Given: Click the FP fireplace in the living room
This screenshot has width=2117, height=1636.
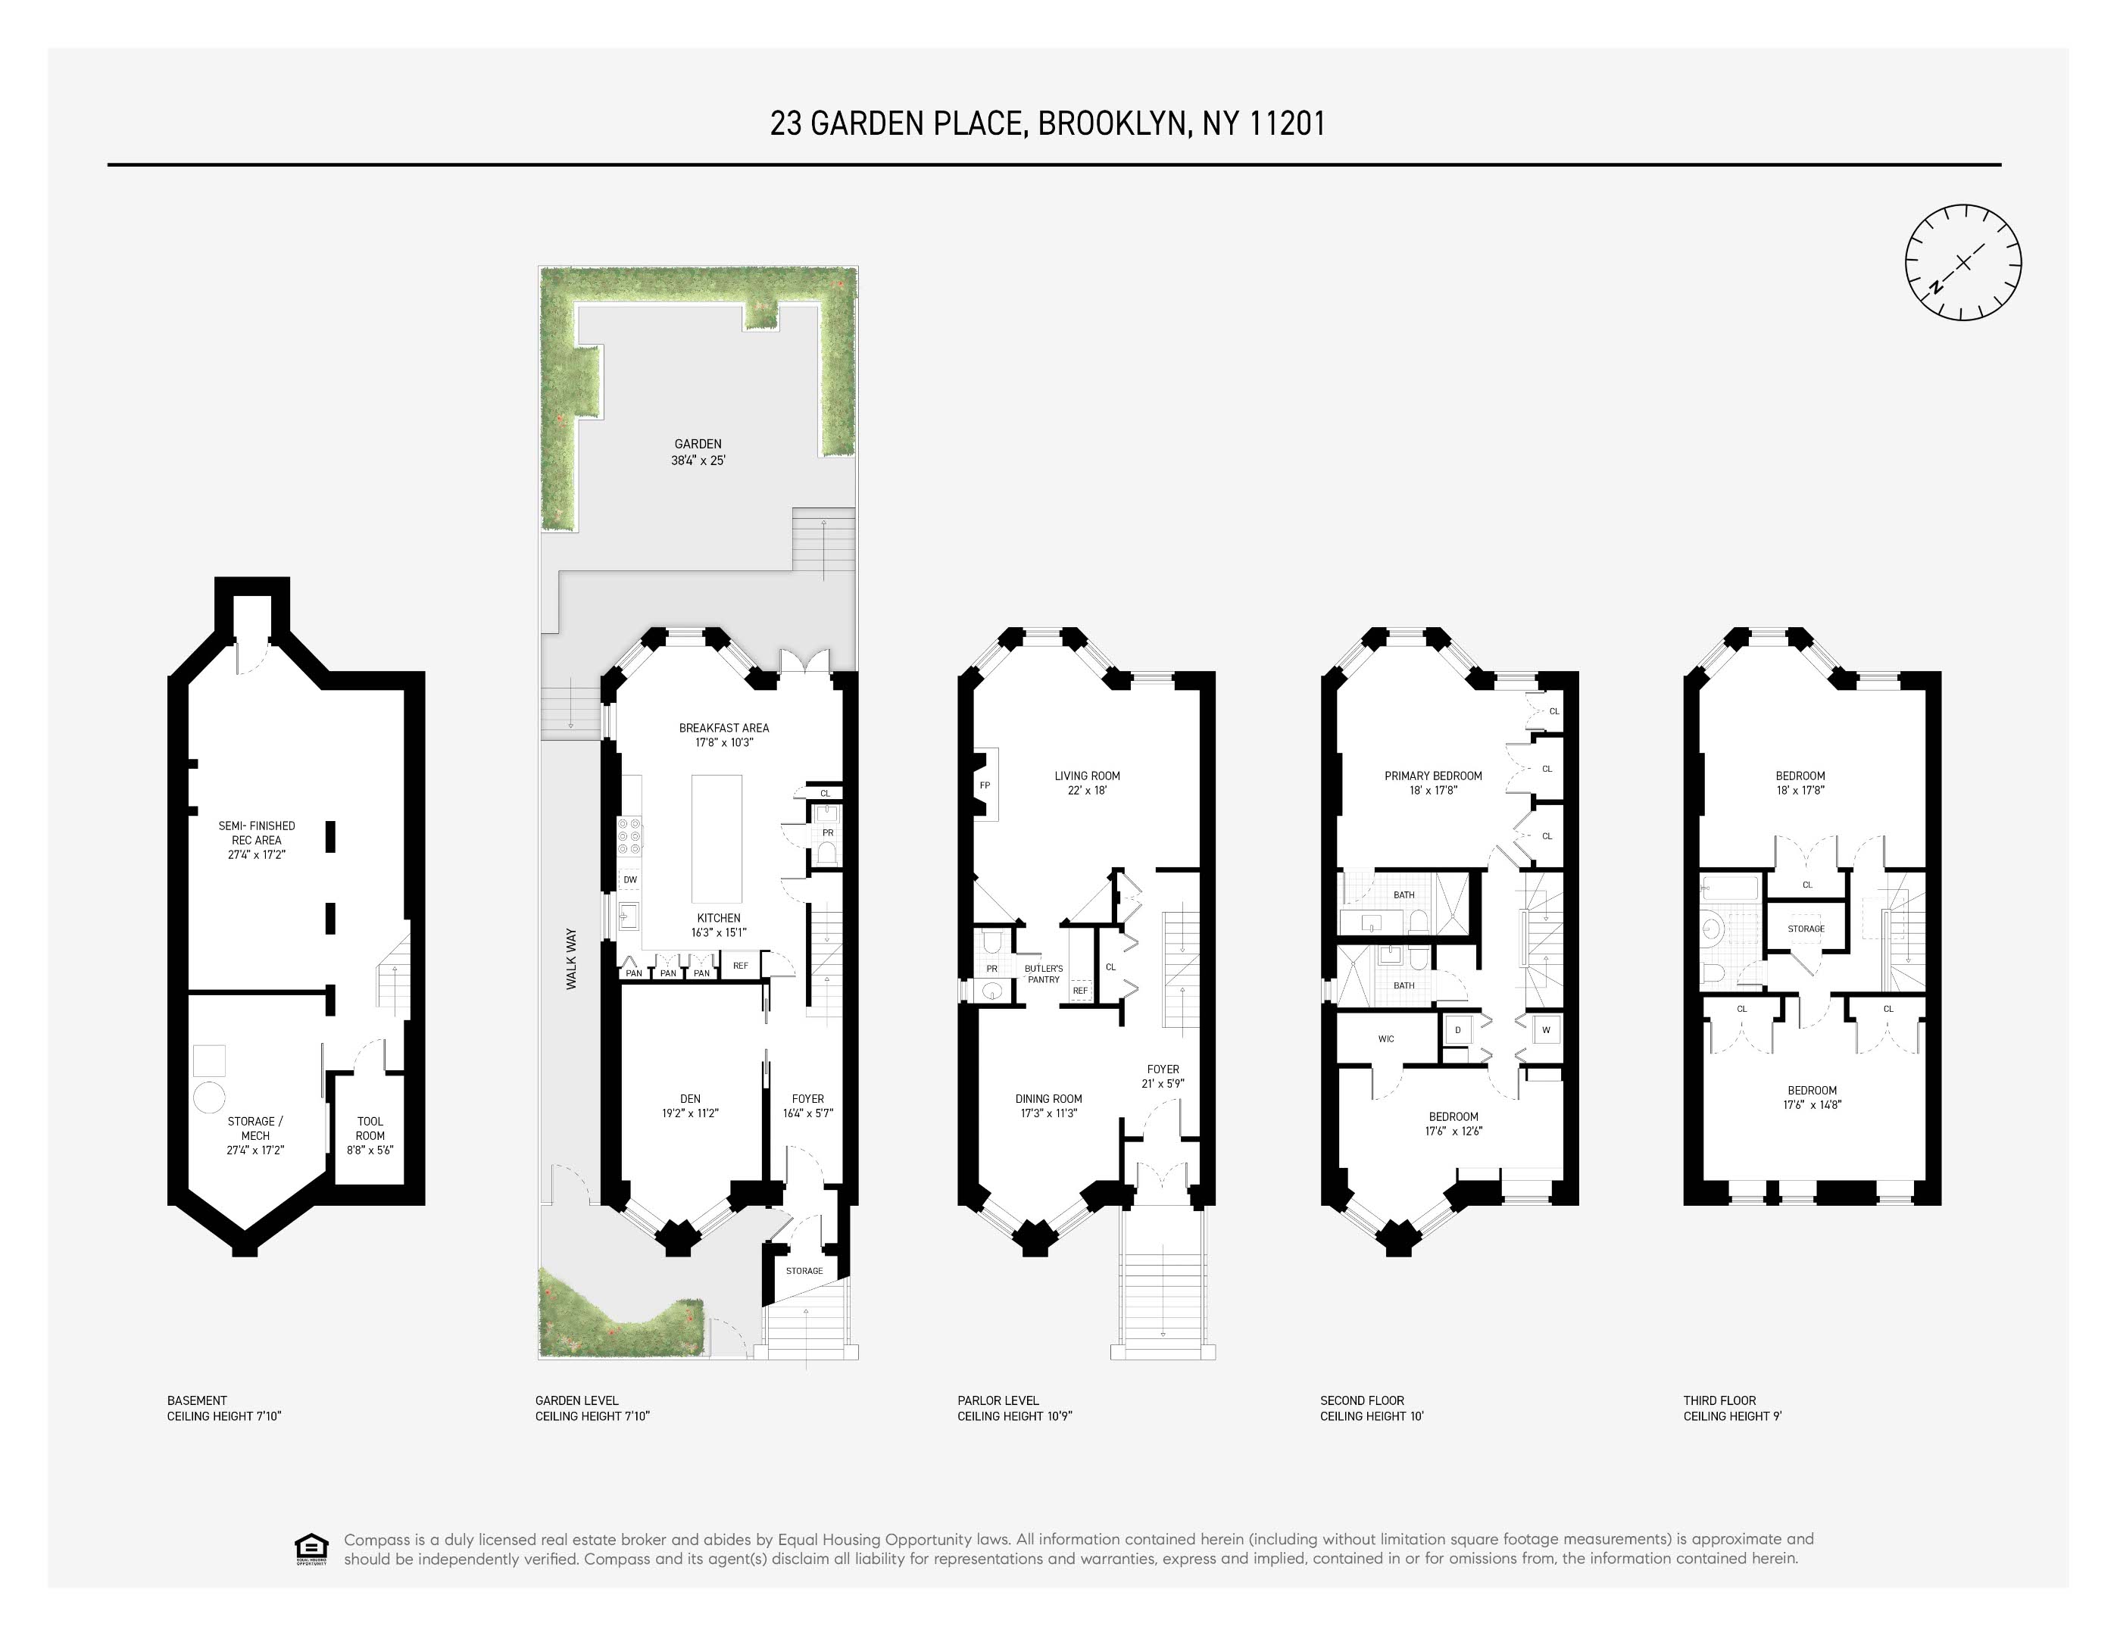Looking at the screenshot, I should coord(985,785).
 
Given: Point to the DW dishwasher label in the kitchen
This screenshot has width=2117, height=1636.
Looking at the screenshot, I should coord(630,880).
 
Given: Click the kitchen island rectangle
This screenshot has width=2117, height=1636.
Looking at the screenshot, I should coord(717,838).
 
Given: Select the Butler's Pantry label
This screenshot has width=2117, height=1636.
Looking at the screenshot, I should coord(1043,974).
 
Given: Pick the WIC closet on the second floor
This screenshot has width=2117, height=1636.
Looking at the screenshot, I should coord(1386,1039).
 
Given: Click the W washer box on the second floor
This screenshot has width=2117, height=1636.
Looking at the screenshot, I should coord(1546,1030).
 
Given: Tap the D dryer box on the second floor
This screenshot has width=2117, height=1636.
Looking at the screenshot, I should coord(1458,1030).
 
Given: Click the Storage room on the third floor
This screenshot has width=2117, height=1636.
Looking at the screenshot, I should coord(1806,929).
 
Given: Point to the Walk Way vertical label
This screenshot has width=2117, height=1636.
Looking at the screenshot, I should coord(571,960).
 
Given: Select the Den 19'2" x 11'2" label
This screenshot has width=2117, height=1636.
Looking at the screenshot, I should coord(690,1106).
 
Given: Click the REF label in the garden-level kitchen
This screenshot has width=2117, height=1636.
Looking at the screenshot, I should coord(741,966).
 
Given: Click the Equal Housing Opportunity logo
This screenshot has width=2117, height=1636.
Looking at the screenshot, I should coord(311,1549).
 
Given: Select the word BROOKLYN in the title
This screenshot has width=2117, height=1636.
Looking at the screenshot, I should coord(1113,124).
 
